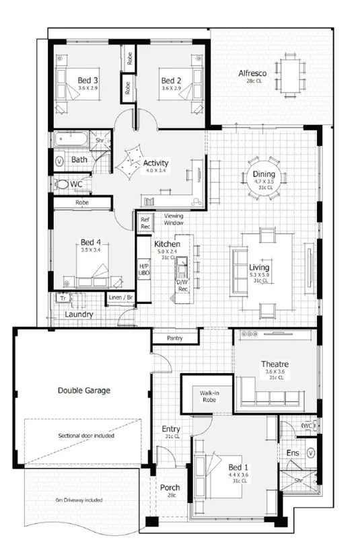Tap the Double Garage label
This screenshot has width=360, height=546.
tap(83, 389)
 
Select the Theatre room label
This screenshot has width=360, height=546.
tap(275, 364)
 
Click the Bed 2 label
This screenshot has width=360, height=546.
tap(172, 80)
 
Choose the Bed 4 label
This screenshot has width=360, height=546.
tap(90, 242)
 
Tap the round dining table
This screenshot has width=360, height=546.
tap(264, 177)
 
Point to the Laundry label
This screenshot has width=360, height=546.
tap(79, 314)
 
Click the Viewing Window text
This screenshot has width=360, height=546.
tap(174, 219)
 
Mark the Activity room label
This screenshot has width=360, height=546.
tap(155, 163)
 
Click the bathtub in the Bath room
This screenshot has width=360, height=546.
tap(69, 141)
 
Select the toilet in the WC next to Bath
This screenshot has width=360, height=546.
tap(62, 184)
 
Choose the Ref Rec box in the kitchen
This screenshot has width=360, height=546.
tap(145, 223)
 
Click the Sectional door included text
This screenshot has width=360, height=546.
tap(85, 435)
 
